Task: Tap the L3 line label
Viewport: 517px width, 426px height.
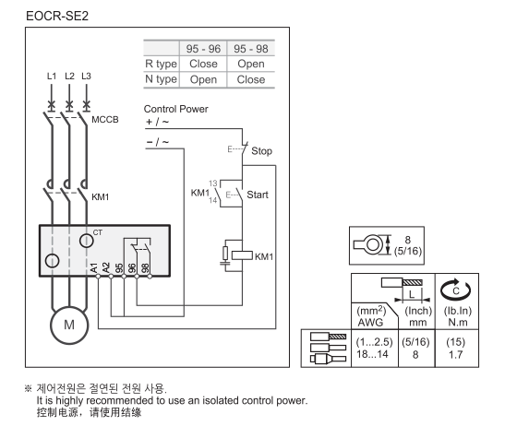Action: (x=87, y=75)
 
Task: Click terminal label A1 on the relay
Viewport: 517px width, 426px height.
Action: (x=93, y=267)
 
